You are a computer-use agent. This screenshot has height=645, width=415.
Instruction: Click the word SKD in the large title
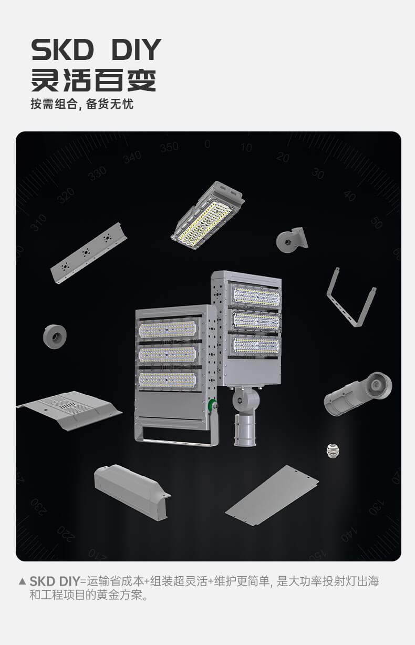pyautogui.click(x=63, y=49)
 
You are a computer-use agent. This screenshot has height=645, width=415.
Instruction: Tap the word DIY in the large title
pyautogui.click(x=136, y=49)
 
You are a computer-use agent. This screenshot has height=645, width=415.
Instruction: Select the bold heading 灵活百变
pyautogui.click(x=94, y=80)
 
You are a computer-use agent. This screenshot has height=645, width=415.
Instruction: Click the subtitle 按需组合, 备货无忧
pyautogui.click(x=82, y=104)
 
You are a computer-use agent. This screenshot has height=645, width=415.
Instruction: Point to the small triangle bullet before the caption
pyautogui.click(x=22, y=581)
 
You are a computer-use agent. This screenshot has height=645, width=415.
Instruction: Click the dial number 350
pyautogui.click(x=169, y=147)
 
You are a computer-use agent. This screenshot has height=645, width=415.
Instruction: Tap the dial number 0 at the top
pyautogui.click(x=207, y=144)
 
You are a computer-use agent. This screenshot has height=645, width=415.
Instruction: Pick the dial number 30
pyautogui.click(x=318, y=173)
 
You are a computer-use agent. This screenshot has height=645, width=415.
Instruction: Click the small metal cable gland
pyautogui.click(x=333, y=451)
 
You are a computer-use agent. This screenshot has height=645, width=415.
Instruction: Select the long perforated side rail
pyautogui.click(x=89, y=253)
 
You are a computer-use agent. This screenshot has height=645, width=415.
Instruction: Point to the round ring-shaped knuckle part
pyautogui.click(x=55, y=336)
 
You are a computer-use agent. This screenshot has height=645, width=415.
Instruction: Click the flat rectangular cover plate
pyautogui.click(x=272, y=496)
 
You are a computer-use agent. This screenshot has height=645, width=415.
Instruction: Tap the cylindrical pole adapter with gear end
pyautogui.click(x=358, y=394)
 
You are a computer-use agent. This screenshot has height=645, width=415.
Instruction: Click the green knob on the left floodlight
pyautogui.click(x=212, y=405)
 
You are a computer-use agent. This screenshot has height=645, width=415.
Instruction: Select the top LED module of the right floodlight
pyautogui.click(x=256, y=296)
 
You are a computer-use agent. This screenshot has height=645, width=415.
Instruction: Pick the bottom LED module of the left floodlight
pyautogui.click(x=168, y=380)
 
